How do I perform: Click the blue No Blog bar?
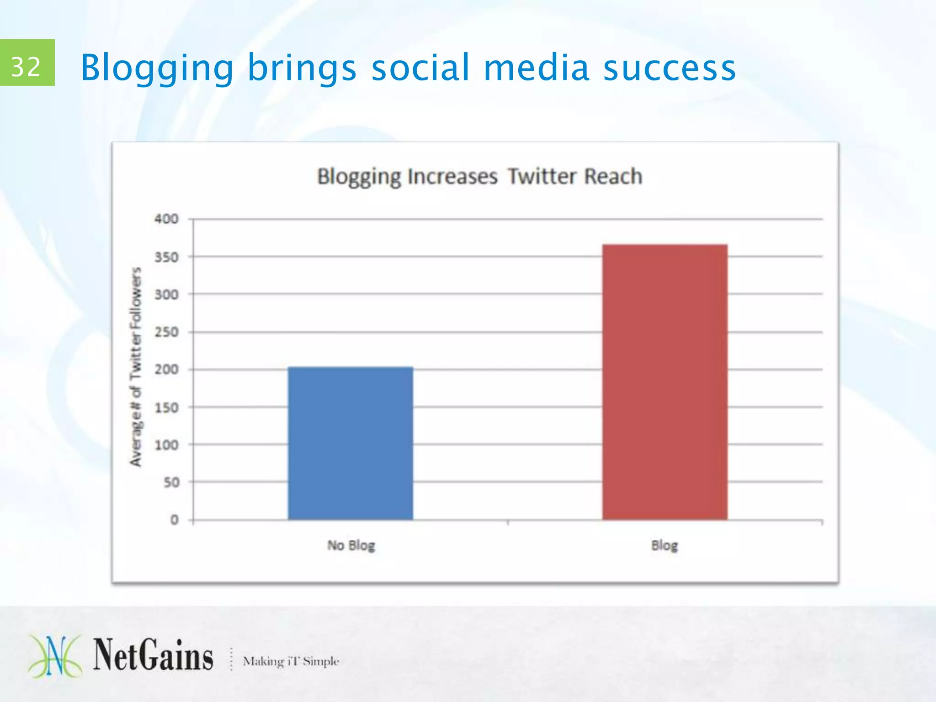350,443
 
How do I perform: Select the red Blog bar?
665,382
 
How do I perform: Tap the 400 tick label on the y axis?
166,219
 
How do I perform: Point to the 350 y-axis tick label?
166,257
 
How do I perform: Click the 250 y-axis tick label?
166,332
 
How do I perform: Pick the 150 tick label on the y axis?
166,407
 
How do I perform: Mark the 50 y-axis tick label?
171,482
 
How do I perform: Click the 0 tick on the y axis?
174,520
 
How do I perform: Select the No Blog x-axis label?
351,545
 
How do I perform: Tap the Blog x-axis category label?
665,545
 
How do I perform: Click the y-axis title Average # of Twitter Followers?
136,367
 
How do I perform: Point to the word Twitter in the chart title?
542,176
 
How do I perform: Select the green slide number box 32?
27,63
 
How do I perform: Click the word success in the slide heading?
669,68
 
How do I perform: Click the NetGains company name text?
153,655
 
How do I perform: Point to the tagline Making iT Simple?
291,661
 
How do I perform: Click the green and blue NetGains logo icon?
55,656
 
